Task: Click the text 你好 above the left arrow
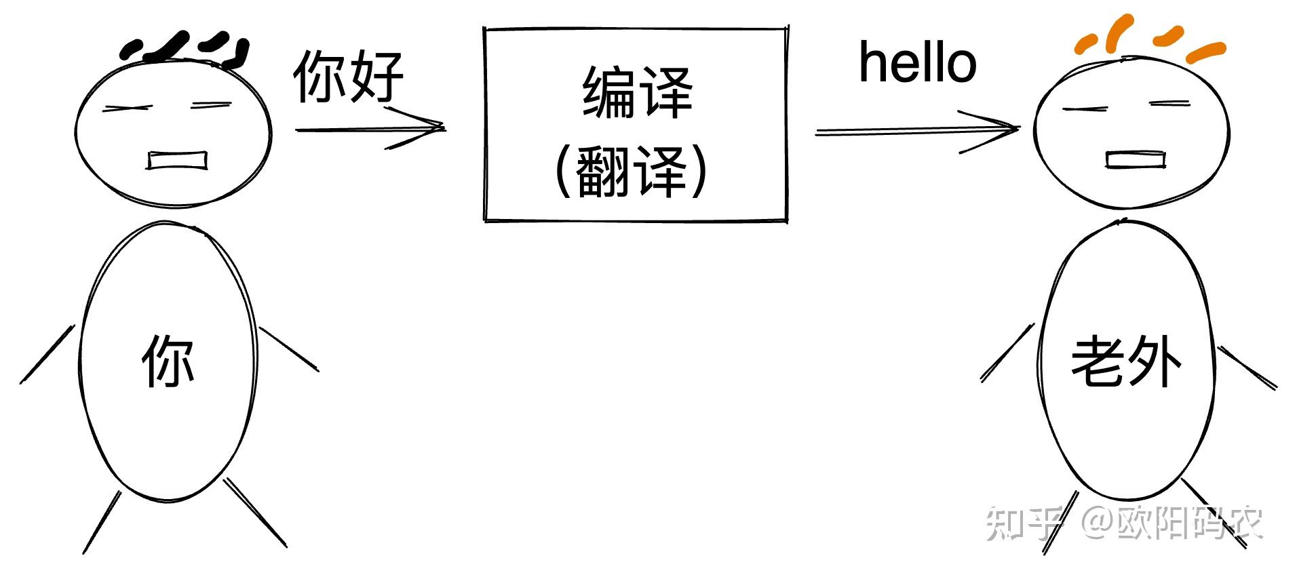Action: point(349,76)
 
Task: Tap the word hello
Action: point(917,63)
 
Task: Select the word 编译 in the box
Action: point(636,92)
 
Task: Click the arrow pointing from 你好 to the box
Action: point(370,128)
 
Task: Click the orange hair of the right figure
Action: point(1146,39)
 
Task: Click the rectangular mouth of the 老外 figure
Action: point(1135,159)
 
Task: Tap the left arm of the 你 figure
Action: point(47,354)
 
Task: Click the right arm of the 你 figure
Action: point(289,349)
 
